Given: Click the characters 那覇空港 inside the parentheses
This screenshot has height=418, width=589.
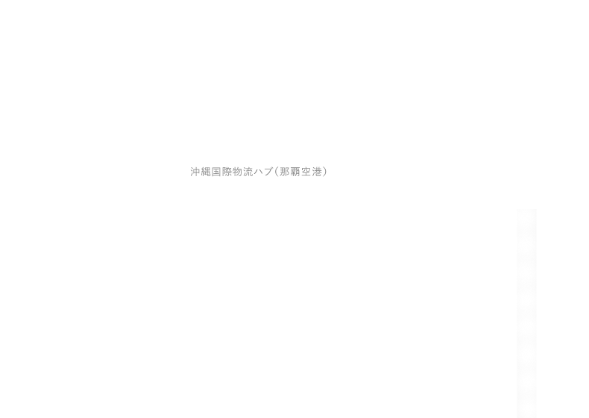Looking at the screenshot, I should pos(301,172).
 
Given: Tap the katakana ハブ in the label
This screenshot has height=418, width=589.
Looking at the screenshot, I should pos(264,172).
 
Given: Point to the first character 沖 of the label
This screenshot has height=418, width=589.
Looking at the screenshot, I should pos(195,172).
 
